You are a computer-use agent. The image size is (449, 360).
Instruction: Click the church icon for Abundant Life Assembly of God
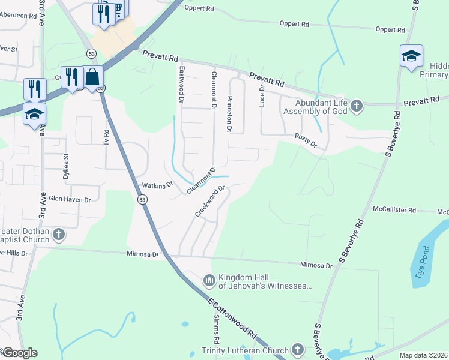(357, 106)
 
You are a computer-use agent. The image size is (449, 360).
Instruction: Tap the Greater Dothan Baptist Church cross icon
(58, 233)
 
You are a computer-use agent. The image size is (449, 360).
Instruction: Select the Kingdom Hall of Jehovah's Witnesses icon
(209, 280)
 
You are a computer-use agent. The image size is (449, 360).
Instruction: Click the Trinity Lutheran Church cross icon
(297, 350)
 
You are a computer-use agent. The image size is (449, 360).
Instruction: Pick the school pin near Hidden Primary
(411, 56)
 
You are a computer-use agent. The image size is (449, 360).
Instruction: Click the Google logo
(19, 353)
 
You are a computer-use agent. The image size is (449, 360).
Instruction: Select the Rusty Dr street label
(305, 140)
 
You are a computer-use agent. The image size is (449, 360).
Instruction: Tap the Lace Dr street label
(262, 95)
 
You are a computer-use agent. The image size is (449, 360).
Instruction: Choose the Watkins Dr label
(157, 185)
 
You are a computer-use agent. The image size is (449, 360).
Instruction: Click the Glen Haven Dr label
(70, 199)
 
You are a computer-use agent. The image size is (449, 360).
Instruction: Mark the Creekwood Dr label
(209, 201)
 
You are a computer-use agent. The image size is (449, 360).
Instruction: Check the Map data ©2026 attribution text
(423, 355)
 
